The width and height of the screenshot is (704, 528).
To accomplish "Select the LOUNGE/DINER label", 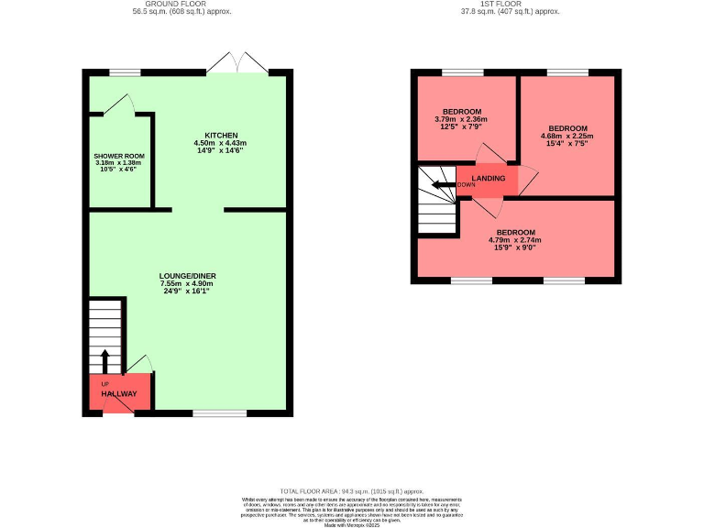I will coord(188,276).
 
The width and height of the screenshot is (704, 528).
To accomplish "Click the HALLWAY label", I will coord(119,393).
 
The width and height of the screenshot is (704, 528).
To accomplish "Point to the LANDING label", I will coord(488,178).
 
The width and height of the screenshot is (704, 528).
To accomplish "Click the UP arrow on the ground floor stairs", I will coord(104,359).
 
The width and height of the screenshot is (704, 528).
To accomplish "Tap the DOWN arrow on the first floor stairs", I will coord(443,185).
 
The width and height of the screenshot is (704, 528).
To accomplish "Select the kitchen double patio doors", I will coord(237,65).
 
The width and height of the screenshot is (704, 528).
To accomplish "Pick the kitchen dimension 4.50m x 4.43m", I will coord(220,143).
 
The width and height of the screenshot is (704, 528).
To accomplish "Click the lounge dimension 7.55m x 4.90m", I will coord(188,284).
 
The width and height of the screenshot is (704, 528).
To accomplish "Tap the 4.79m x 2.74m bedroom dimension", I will coord(516,241).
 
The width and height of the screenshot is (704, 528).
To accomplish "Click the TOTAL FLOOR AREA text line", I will coord(352,491).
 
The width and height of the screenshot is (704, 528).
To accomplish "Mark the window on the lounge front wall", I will coord(219,413).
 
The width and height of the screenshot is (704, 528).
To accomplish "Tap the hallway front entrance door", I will coord(117,409).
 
